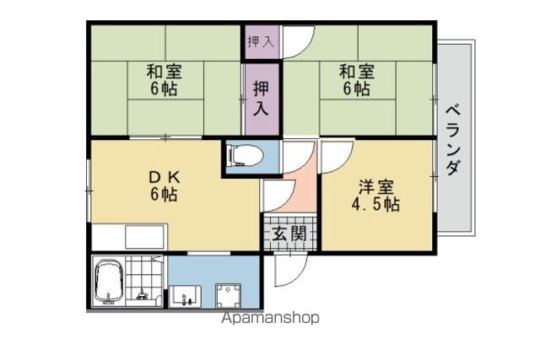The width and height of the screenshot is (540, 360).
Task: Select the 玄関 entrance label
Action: point(289,234)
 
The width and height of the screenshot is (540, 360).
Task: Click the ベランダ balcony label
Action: point(453,140)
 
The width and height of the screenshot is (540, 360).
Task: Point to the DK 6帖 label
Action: point(164,186)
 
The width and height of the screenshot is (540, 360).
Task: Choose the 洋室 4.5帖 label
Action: point(375,196)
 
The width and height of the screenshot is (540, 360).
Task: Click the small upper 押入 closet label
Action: point(261,41)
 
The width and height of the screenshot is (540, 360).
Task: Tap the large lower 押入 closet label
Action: point(261,98)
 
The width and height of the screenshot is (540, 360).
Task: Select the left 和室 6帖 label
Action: point(165,80)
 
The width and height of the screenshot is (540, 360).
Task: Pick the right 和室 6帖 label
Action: point(357,80)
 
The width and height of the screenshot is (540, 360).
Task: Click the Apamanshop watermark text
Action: point(270,319)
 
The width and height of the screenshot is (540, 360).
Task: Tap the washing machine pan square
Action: point(228,295)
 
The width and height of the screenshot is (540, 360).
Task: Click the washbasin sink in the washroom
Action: point(186,296)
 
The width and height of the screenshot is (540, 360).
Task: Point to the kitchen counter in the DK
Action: point(129,237)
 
